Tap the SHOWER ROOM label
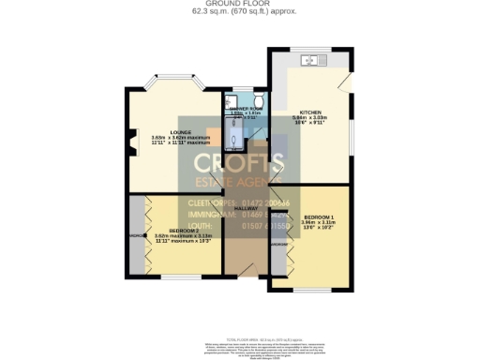243,111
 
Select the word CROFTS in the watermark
239,165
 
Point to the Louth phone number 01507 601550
266,226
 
